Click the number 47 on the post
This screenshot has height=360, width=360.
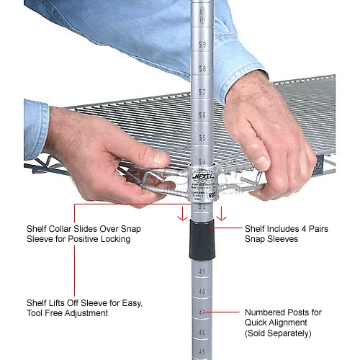pyautogui.click(x=202, y=312)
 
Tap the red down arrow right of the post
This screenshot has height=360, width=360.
pyautogui.click(x=223, y=214)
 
